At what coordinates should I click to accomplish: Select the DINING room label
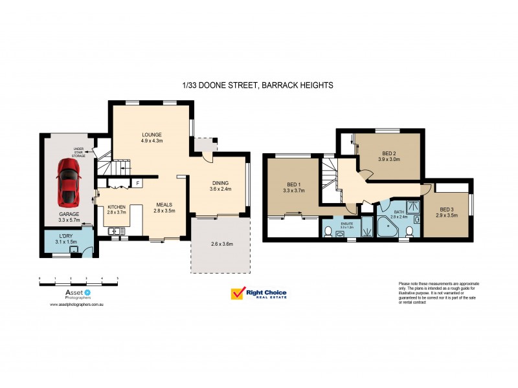point(220,182)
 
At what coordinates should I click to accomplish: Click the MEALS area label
point(164,204)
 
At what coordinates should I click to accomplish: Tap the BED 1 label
point(294,184)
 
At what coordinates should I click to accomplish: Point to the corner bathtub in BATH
point(390,228)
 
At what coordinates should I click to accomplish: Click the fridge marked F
point(137,184)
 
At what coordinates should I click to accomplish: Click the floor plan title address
point(258,85)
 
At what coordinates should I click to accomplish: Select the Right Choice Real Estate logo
point(259,294)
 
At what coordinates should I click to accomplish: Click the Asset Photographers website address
point(77,303)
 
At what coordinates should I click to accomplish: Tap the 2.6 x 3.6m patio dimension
point(220,244)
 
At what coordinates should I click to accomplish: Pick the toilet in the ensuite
point(329,232)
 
